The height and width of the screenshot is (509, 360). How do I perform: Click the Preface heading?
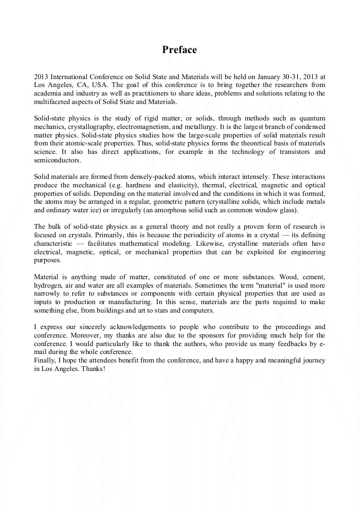point(179,50)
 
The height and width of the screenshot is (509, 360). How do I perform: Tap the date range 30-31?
point(295,77)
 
